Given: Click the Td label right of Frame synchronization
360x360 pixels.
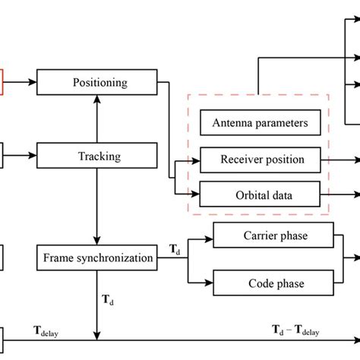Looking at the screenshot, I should click(x=174, y=250).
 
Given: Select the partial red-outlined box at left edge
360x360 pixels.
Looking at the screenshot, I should click(x=2, y=78).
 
